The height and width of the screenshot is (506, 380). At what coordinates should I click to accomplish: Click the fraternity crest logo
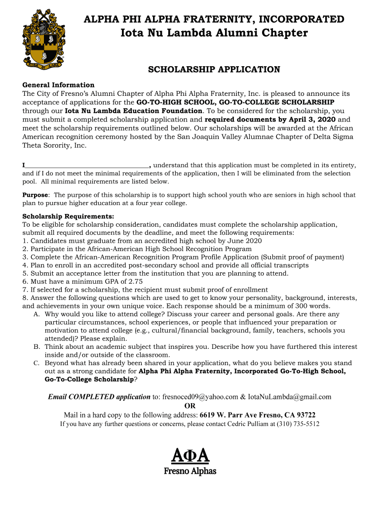44,39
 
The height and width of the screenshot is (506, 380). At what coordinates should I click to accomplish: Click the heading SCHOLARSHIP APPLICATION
214,70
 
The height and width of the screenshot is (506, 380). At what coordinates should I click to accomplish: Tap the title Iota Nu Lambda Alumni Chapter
214,33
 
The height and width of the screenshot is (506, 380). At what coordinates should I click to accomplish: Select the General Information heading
58,85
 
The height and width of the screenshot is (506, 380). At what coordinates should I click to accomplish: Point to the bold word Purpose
36,195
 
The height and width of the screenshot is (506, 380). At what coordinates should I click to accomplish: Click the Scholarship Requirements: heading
68,216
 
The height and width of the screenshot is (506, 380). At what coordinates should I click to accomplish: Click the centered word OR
190,406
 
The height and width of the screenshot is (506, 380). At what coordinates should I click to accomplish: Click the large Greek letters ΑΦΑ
190,454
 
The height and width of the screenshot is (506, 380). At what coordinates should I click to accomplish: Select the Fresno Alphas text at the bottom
190,471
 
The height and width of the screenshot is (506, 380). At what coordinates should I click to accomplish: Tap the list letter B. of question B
37,347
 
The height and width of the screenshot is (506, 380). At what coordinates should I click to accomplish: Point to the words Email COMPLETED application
99,397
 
